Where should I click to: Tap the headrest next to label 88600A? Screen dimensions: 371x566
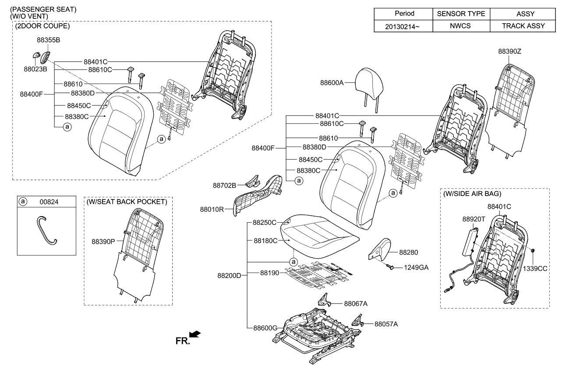[370, 80]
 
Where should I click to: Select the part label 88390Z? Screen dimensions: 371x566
[509, 51]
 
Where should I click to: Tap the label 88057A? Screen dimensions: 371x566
[386, 324]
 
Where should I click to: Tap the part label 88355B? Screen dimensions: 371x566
[48, 40]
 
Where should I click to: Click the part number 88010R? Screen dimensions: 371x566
[212, 210]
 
